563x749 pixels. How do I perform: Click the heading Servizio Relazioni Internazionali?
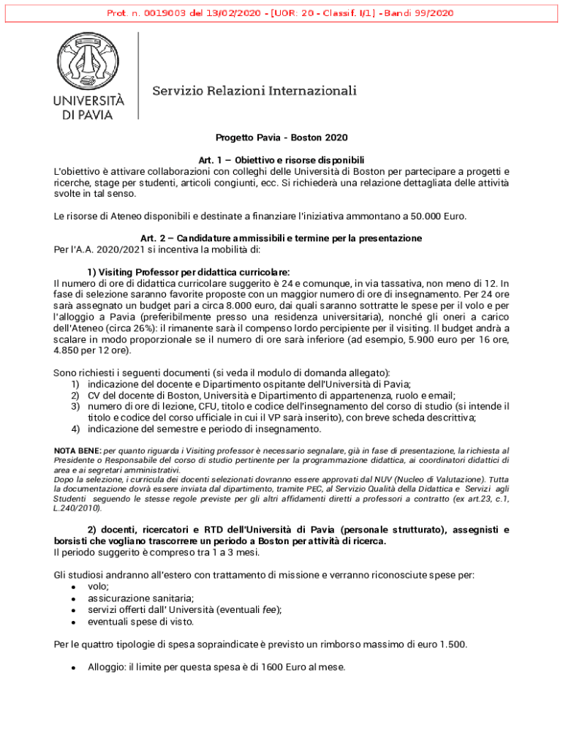[254, 91]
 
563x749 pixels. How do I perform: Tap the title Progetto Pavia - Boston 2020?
[281, 138]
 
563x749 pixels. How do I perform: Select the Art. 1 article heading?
[281, 160]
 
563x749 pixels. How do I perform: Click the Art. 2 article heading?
[281, 238]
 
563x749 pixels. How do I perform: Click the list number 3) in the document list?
[75, 406]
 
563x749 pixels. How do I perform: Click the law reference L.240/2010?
[78, 508]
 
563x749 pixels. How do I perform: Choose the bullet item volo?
[98, 587]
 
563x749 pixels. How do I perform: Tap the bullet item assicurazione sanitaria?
[132, 598]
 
